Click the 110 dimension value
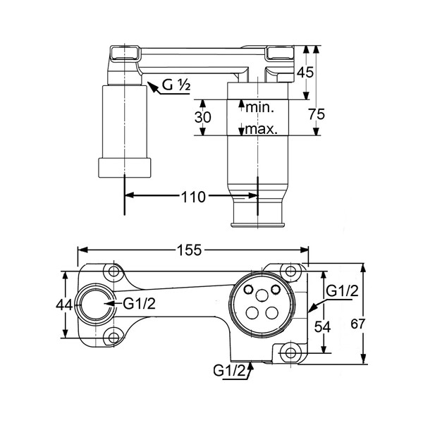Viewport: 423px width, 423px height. click(x=193, y=197)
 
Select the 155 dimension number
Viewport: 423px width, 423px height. click(x=189, y=250)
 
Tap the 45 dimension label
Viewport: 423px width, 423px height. click(x=305, y=73)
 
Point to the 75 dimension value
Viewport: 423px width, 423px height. click(x=317, y=114)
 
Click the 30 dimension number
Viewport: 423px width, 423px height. click(x=203, y=117)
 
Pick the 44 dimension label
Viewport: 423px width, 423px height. click(x=64, y=305)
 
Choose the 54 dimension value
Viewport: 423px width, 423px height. click(x=322, y=327)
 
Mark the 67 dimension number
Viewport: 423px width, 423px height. click(x=358, y=324)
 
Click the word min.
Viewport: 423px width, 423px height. click(x=259, y=107)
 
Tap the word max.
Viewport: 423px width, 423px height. click(x=261, y=130)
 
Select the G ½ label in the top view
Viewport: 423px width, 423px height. click(x=176, y=85)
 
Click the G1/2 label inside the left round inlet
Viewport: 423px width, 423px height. click(x=139, y=304)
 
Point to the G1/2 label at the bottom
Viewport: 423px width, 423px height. click(x=230, y=370)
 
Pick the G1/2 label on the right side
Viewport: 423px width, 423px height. click(x=342, y=291)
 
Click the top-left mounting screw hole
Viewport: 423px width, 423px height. click(x=114, y=271)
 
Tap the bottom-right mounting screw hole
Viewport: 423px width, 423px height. click(x=290, y=352)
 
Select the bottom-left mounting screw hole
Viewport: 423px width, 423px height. click(x=114, y=338)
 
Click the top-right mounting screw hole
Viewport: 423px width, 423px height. click(x=290, y=271)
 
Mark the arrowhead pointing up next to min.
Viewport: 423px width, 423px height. click(x=241, y=104)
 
